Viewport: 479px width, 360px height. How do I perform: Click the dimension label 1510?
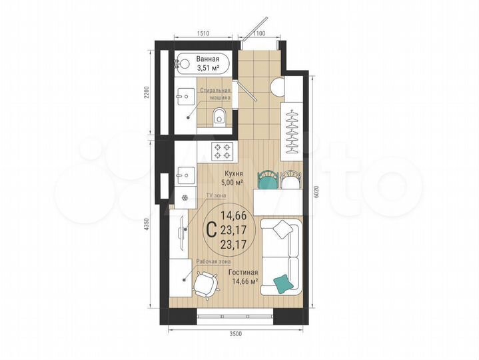(x=203, y=33)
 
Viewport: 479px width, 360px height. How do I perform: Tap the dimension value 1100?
(x=260, y=33)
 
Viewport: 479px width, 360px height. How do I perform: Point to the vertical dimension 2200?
(x=147, y=93)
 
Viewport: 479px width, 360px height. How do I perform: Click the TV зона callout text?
(x=215, y=195)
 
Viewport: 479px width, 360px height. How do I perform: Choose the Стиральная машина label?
(x=217, y=94)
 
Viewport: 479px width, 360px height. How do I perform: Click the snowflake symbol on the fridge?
(x=186, y=198)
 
